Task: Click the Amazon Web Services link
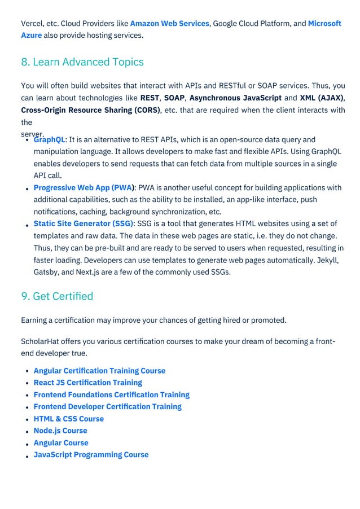coord(169,24)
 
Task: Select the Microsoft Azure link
coord(324,24)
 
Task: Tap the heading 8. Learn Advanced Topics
coord(82,62)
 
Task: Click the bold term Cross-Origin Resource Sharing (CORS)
coord(90,110)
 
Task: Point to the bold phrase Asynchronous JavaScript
coord(235,98)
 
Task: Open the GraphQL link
coord(50,140)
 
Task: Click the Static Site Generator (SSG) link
coord(84,224)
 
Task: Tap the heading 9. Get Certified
coord(57,296)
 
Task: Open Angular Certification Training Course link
coord(99,371)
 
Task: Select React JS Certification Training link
coord(87,383)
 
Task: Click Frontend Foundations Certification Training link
coord(111,395)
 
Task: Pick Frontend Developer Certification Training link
coord(107,407)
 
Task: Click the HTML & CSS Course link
coord(69,419)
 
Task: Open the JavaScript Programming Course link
coord(91,455)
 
